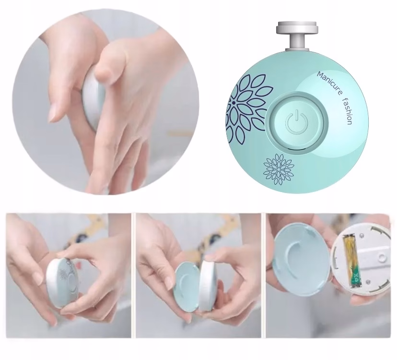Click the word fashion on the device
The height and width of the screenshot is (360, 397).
pos(348,111)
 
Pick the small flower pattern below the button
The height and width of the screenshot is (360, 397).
pos(279,169)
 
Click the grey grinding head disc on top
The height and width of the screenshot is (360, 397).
pos(297,27)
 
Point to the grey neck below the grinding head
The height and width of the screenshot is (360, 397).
pos(297,41)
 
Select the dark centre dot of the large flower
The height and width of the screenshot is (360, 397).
pos(233,103)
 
